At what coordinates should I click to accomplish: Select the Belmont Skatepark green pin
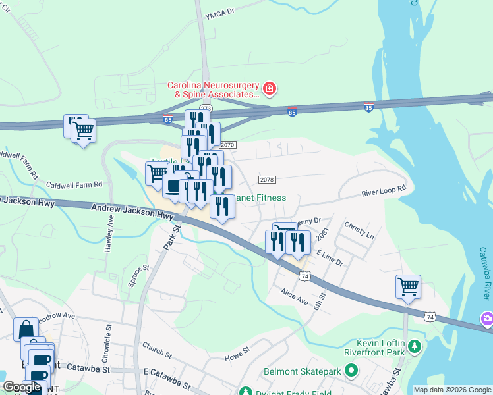coord(351,371)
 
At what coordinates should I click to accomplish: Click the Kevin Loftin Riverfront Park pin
coord(414,346)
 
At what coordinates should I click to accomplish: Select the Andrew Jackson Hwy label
coord(132,211)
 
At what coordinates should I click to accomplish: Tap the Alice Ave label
coord(294,297)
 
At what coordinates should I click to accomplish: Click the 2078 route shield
coord(267,180)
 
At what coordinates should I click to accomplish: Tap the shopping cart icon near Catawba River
coord(408,286)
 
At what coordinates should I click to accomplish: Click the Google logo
coord(22,388)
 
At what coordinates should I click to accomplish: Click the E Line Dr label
coord(330,257)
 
